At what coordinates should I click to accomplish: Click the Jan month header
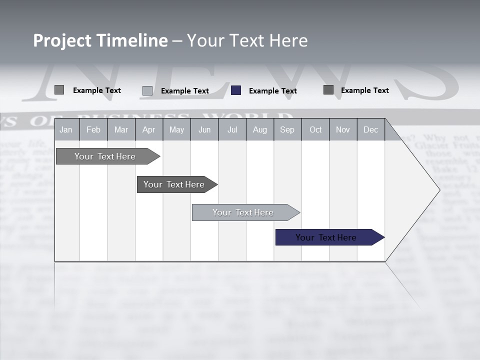point(66,129)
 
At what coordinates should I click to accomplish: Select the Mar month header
point(121,129)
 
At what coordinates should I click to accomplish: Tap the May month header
point(176,129)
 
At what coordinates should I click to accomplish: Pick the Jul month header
point(232,129)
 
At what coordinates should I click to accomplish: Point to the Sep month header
point(287,129)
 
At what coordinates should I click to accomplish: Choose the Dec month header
point(370,129)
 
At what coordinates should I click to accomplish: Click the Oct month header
point(315,129)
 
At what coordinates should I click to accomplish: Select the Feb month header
point(93,129)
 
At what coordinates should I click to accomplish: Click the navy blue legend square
point(236,90)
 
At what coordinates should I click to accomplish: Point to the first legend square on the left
point(59,90)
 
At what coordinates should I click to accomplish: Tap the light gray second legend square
point(147,90)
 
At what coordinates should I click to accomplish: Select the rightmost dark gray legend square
point(328,90)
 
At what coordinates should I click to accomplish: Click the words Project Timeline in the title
point(100,40)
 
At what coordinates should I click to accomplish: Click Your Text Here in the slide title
point(247,40)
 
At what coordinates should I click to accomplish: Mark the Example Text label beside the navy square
point(272,91)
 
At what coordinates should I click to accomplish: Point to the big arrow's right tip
point(439,189)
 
